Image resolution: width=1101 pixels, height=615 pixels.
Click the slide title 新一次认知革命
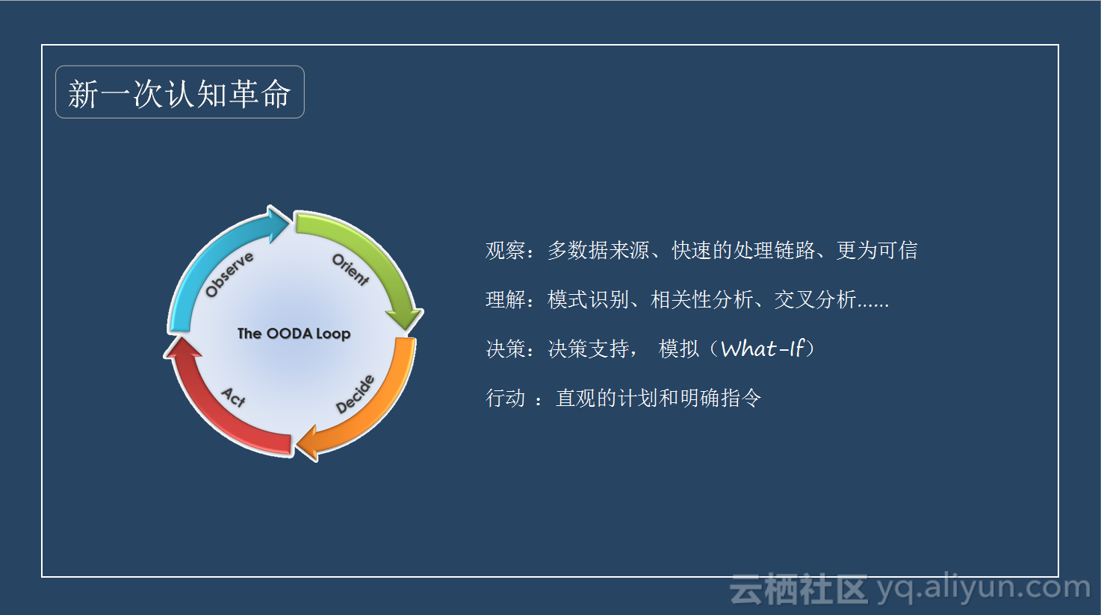coord(179,93)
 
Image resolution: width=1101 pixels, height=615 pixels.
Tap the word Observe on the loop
coord(229,275)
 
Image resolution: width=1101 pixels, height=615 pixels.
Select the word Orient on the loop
coord(351,269)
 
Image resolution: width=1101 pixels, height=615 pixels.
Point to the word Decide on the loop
coord(356,394)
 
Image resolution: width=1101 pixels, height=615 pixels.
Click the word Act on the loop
coord(234,397)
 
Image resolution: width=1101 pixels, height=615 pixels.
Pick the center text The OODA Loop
coord(294,334)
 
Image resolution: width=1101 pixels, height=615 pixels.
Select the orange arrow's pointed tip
coord(297,446)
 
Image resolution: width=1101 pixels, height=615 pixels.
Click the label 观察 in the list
coord(505,251)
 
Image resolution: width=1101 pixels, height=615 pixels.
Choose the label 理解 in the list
coord(505,299)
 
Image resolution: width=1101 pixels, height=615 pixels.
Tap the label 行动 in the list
coord(505,398)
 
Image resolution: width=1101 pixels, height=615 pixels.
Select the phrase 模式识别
coord(589,299)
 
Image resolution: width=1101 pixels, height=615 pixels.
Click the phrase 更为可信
coord(877,251)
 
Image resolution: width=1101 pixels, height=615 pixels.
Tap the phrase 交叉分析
coord(815,299)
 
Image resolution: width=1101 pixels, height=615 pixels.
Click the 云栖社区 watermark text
coord(798,589)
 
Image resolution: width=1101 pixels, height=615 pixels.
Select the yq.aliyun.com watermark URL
coord(984,588)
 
